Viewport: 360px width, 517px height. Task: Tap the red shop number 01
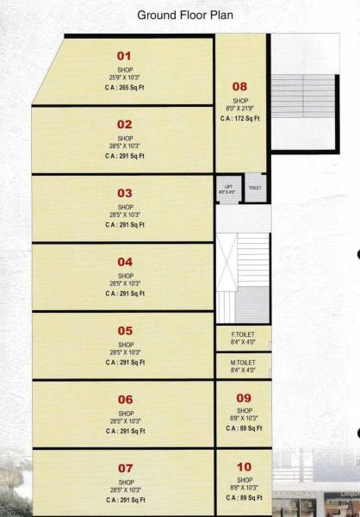click(x=125, y=54)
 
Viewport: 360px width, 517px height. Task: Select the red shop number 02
click(x=125, y=124)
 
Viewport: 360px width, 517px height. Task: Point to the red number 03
click(x=125, y=193)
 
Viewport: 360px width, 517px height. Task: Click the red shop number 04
click(x=125, y=262)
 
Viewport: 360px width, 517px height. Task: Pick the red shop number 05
click(x=125, y=331)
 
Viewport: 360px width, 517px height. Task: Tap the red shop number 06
click(x=125, y=399)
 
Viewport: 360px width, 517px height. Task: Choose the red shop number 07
click(x=125, y=468)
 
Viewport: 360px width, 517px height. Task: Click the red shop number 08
click(x=239, y=86)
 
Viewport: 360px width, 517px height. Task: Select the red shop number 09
click(x=244, y=397)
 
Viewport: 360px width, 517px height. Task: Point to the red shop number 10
click(x=244, y=466)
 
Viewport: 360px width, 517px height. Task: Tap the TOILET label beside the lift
click(x=255, y=187)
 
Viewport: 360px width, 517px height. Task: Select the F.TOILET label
click(x=244, y=333)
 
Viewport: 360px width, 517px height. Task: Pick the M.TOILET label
click(x=244, y=363)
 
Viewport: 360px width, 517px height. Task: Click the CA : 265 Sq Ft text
click(x=125, y=88)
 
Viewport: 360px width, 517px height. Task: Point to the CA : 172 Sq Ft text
click(x=239, y=118)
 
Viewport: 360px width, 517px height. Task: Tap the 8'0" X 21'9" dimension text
click(x=239, y=109)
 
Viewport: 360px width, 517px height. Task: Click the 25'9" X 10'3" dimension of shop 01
click(x=125, y=78)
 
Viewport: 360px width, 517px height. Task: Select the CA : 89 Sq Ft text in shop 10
click(x=244, y=497)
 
